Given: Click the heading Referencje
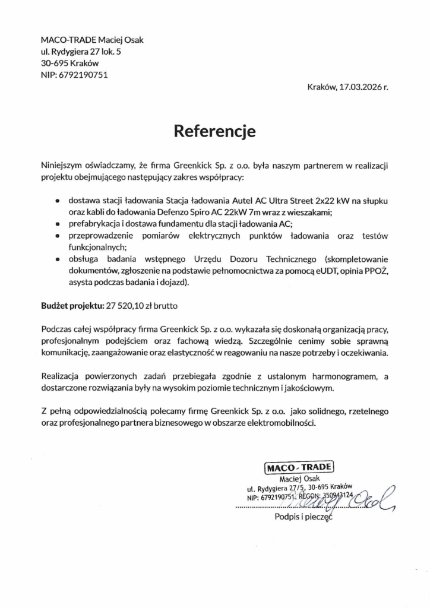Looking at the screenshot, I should click(x=214, y=130).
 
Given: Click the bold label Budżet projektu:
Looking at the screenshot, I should click(x=72, y=306).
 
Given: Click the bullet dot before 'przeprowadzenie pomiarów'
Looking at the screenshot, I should click(x=56, y=236).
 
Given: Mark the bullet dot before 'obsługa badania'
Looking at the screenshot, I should click(x=56, y=259).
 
